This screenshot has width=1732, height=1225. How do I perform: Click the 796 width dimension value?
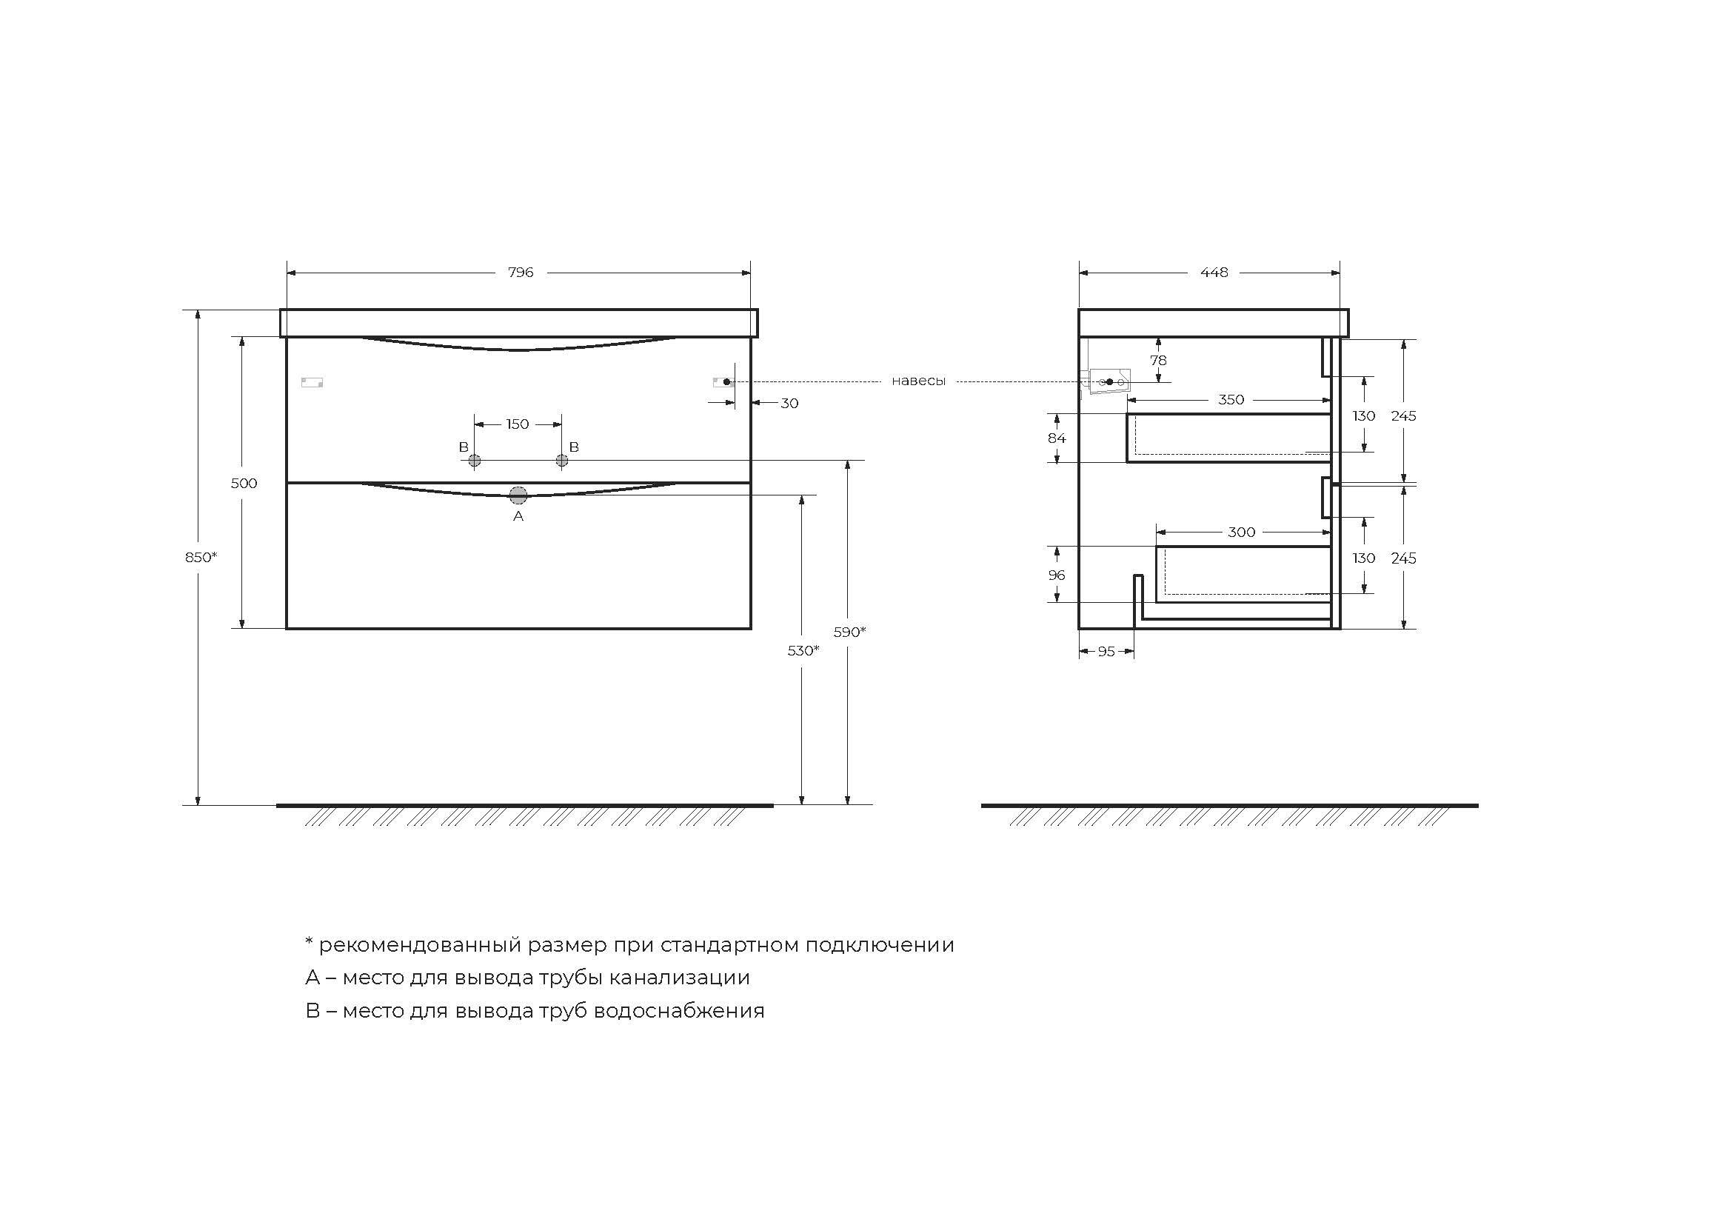[521, 273]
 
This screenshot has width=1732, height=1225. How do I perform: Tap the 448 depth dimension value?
[1214, 273]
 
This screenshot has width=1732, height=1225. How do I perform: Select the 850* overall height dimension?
[201, 558]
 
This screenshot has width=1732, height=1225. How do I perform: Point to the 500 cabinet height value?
[244, 484]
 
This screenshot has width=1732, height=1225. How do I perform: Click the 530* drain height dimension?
[803, 650]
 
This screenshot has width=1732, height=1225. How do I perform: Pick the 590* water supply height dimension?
[849, 632]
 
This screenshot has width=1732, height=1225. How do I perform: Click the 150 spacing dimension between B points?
[518, 424]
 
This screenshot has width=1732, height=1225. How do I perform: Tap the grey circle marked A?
[518, 495]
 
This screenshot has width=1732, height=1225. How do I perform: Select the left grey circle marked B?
[475, 460]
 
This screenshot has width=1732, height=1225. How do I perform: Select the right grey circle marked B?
[561, 460]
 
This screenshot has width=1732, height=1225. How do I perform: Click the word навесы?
[918, 381]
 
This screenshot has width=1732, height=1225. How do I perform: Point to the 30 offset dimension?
[789, 404]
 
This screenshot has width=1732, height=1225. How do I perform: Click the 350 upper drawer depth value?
[1231, 400]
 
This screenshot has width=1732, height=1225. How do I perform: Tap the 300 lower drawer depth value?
[1241, 533]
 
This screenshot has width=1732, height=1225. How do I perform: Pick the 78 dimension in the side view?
[1158, 361]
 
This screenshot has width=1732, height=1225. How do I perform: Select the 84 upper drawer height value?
[1056, 438]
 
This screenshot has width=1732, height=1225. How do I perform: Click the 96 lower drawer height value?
[1056, 575]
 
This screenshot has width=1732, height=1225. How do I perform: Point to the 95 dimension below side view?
[1106, 652]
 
